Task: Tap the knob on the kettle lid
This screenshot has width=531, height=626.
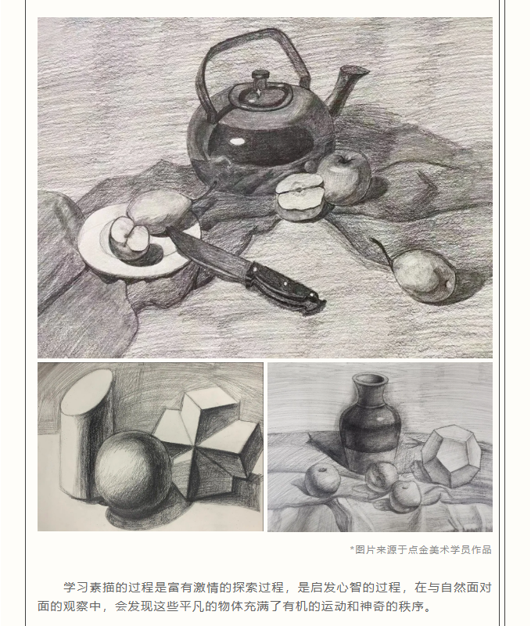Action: (260, 75)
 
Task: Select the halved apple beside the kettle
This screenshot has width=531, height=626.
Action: (300, 197)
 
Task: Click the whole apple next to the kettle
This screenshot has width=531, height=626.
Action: (344, 178)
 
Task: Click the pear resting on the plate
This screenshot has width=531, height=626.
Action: (160, 210)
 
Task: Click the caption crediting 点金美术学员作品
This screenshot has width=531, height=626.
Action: (421, 550)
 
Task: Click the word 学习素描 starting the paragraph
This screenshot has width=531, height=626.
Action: (89, 588)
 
